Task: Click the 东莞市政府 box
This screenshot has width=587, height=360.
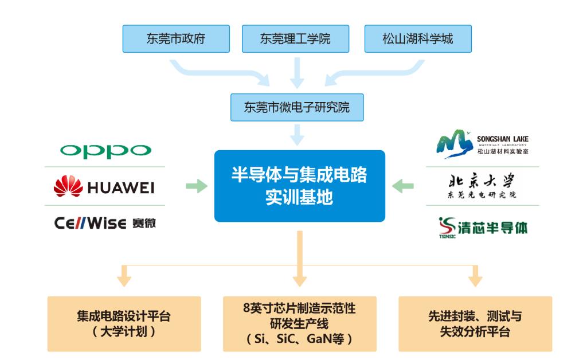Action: point(175,39)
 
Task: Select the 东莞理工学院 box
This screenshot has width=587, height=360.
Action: point(295,39)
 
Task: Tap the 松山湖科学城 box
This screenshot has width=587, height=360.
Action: point(418,39)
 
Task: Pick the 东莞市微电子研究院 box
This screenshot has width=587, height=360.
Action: point(296,107)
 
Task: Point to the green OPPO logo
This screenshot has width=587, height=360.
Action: point(105,151)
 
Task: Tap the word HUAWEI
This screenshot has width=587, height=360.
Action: point(120,187)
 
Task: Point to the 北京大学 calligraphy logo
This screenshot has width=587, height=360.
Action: point(482,185)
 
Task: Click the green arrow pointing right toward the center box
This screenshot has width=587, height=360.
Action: point(196,186)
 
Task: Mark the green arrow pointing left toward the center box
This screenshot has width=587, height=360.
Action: point(404,185)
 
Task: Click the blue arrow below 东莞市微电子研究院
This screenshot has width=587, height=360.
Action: point(296,135)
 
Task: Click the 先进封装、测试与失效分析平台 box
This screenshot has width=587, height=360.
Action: point(475,323)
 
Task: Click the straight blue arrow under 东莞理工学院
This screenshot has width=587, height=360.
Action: point(296,72)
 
